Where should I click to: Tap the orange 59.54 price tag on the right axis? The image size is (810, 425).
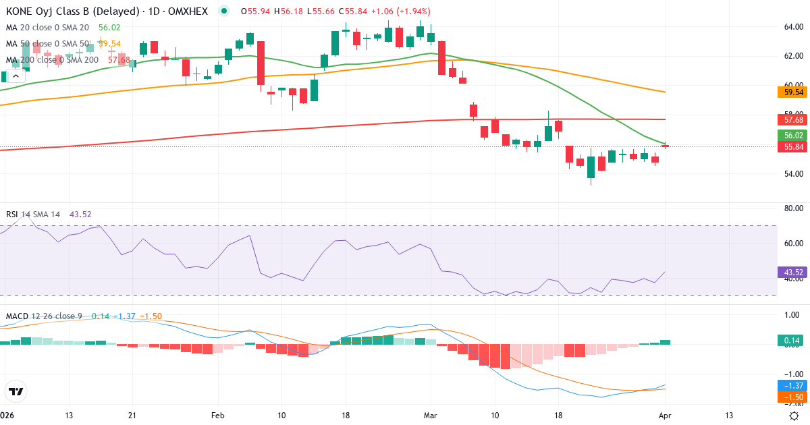[794, 92]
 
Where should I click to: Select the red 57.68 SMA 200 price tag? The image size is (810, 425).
[794, 119]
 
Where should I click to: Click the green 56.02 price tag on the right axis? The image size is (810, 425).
[794, 135]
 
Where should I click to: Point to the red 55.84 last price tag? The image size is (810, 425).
[794, 146]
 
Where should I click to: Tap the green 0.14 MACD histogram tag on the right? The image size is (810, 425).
[794, 341]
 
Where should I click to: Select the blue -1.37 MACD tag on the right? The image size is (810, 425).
[794, 385]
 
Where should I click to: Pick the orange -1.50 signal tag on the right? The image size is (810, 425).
[794, 397]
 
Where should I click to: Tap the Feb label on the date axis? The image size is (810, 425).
[217, 416]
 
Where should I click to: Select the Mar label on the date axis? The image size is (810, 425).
[430, 416]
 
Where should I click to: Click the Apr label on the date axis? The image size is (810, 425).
[665, 416]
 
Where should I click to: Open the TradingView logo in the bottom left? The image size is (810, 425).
[16, 391]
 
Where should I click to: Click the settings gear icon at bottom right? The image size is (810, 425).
[795, 416]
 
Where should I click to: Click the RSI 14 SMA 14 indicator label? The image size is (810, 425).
[33, 215]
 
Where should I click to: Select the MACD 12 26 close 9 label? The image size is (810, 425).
[44, 316]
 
